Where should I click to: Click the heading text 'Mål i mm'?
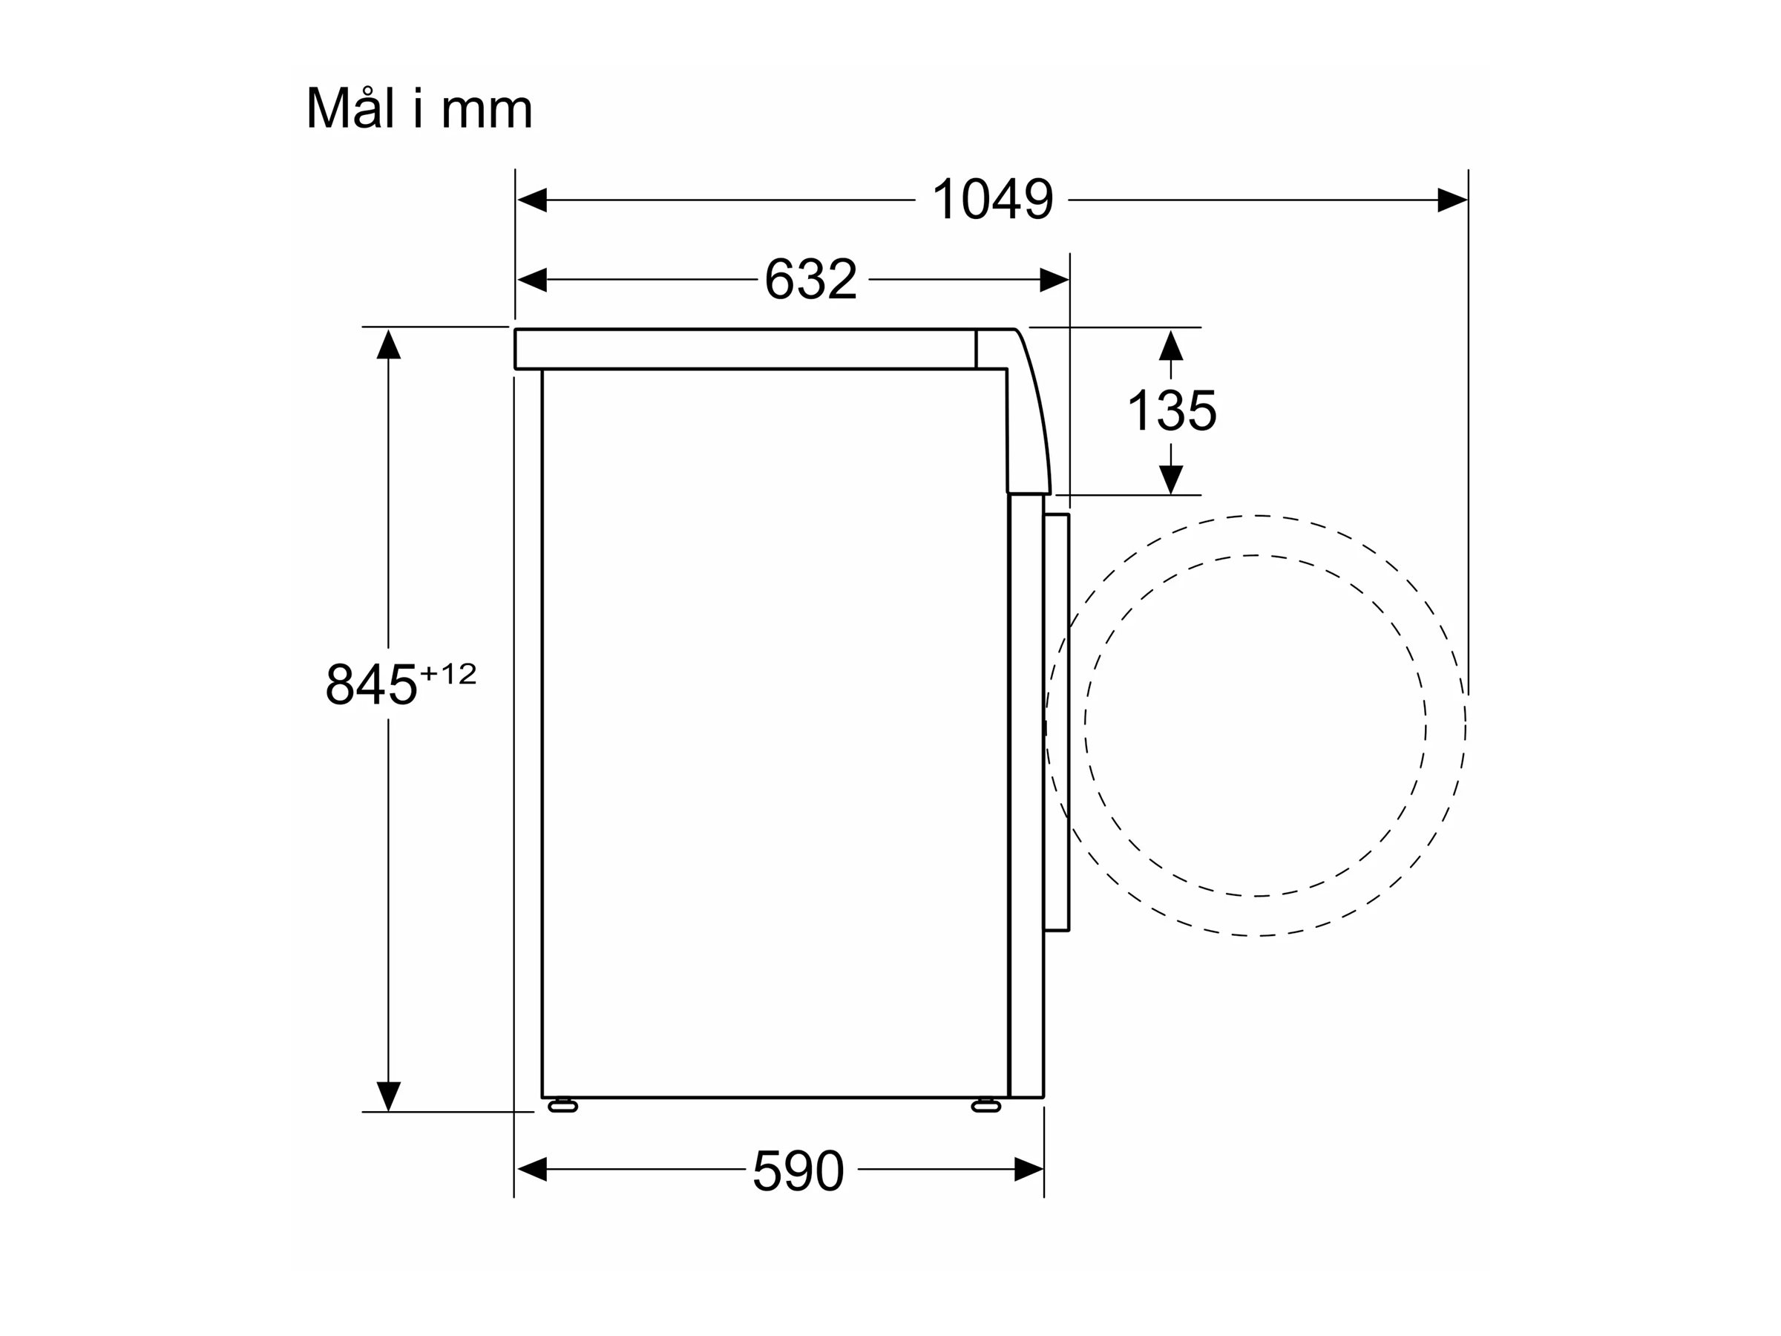pos(419,107)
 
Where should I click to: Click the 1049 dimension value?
pos(992,199)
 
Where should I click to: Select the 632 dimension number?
pos(810,279)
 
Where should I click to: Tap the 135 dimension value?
pos(1172,410)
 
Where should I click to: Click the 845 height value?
pos(371,684)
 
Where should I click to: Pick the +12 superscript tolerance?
pos(448,673)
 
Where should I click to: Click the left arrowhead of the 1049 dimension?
pos(532,200)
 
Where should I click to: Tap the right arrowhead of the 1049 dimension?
pos(1452,200)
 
